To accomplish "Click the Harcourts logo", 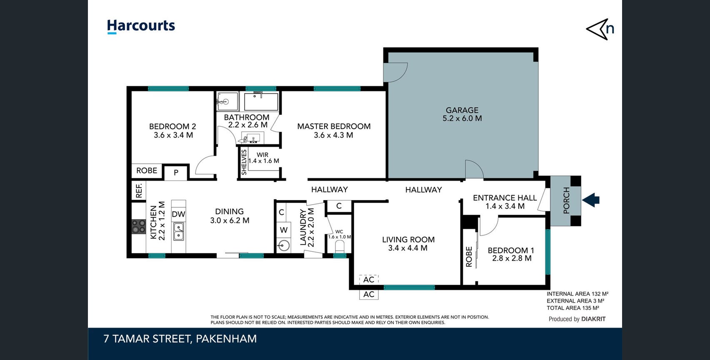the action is pos(141,26).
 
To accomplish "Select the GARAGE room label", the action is pos(462,110).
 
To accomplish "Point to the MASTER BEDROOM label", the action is pos(334,126).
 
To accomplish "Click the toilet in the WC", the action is pos(340,246).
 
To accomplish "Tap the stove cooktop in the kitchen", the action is pos(138,227).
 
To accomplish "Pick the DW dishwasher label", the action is pos(178,214).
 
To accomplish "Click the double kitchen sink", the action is pos(178,231).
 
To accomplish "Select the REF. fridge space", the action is pos(139,190).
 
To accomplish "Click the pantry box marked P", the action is pos(176,172).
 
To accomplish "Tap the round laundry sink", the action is pos(284,245).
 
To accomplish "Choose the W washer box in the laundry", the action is pos(284,230).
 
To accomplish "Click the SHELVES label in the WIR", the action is pos(244,162).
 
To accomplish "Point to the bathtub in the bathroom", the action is pos(261,101).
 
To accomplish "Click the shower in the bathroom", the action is pos(227,101).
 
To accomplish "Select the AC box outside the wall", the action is pos(369,295).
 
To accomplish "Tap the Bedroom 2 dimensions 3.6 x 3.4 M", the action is pos(173,135).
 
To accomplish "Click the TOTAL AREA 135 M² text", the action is pos(573,308).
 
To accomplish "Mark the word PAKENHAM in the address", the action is pos(226,339).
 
